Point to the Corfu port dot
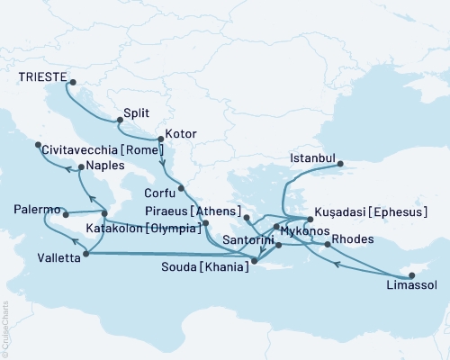181,188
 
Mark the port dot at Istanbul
339,163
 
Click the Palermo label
37,210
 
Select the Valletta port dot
86,255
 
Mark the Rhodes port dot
326,244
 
